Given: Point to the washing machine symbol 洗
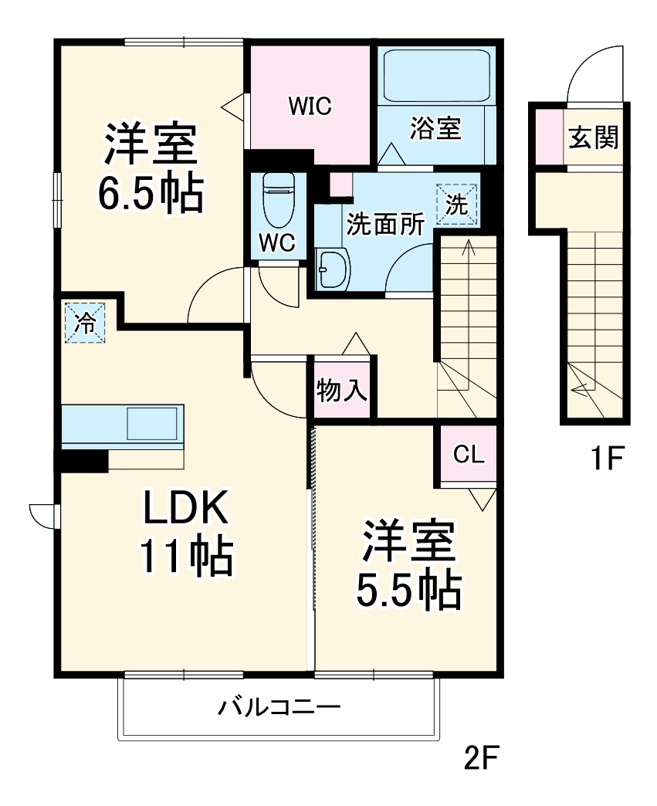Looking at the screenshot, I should (457, 205).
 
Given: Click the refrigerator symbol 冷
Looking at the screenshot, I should (84, 323).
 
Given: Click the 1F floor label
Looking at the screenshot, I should (607, 459).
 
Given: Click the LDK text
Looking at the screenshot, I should (185, 510).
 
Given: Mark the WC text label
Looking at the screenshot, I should (276, 242).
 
